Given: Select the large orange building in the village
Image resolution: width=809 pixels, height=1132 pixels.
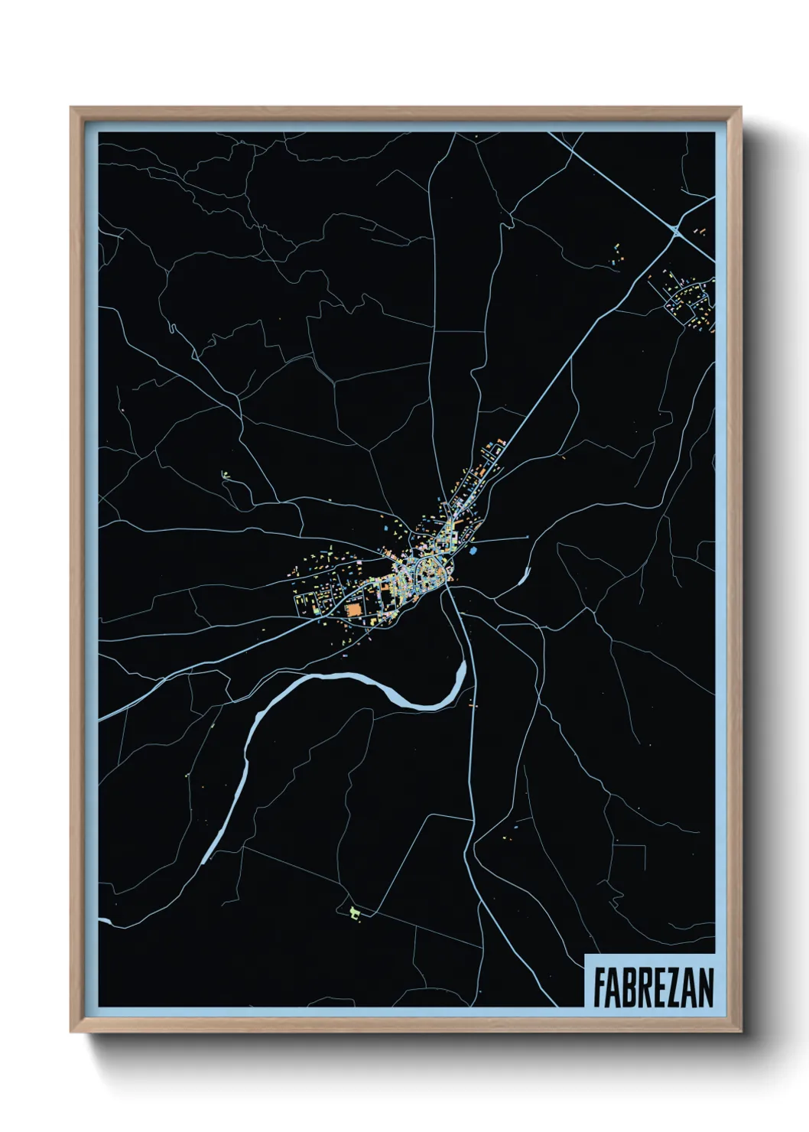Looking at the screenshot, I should pos(353,610).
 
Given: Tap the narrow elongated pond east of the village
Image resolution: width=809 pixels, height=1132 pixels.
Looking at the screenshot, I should pos(525,575).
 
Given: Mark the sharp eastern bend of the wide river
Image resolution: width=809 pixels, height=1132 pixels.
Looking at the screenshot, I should pos(461,673).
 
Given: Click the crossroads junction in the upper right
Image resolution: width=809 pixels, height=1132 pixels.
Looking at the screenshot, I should pos(675,229).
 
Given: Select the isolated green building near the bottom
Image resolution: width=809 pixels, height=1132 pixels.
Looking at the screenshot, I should pos(353,912).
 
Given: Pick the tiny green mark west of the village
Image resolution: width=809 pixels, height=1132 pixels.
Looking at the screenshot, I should pos(225,475).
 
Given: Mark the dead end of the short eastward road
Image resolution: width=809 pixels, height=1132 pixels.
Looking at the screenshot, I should pos(528,537).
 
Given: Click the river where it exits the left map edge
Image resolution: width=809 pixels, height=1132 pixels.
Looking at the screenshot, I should pos(104,920).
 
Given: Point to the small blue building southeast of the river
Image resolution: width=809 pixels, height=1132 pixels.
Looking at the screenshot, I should pos(516,827).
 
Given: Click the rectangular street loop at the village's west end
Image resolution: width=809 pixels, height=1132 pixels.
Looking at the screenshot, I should pos(306,603).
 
